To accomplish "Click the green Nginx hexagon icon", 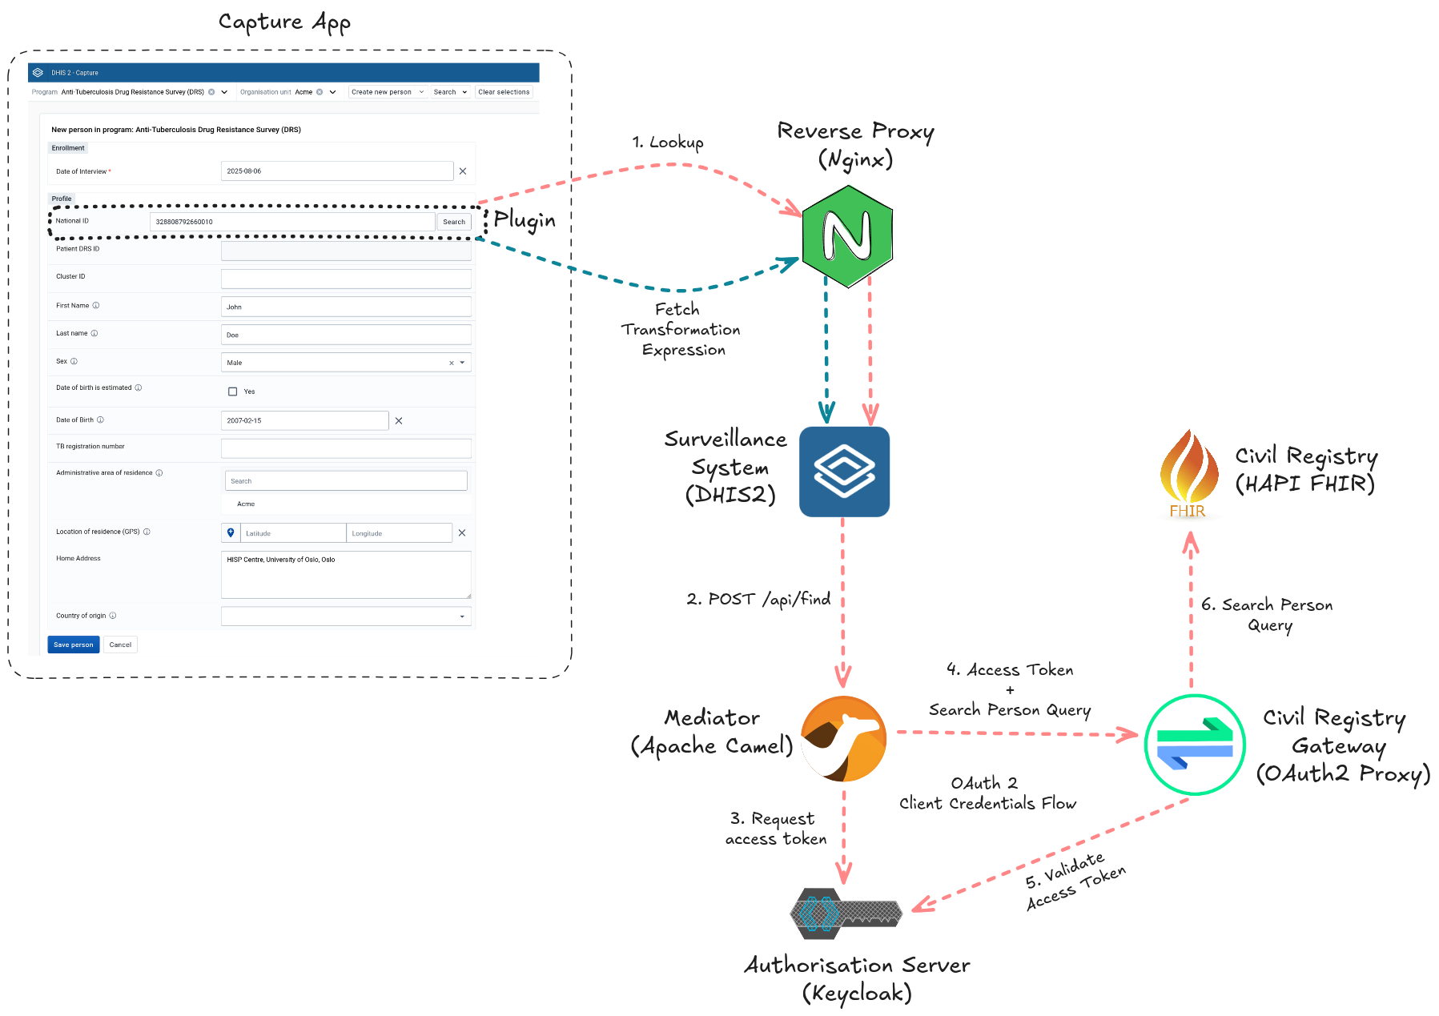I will (847, 236).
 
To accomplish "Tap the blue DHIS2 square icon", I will (844, 472).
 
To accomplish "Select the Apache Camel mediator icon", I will (844, 738).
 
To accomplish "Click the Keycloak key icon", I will (845, 914).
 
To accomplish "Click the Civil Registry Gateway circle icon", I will (1194, 745).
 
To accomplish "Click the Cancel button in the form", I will (120, 645).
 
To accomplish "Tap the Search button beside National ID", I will (454, 222).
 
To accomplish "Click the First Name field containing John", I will (345, 307).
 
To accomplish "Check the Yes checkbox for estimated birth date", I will (233, 392).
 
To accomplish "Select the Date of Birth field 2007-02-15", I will (304, 420).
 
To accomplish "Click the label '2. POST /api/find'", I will (758, 599).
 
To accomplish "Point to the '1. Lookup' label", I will (668, 143).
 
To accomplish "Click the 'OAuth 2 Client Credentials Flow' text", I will (987, 793).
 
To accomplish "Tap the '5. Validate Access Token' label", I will (1075, 882).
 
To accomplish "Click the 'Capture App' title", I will (284, 22).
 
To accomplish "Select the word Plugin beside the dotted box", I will (525, 219).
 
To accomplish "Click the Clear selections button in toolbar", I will (504, 92).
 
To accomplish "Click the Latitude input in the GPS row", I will (292, 533).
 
